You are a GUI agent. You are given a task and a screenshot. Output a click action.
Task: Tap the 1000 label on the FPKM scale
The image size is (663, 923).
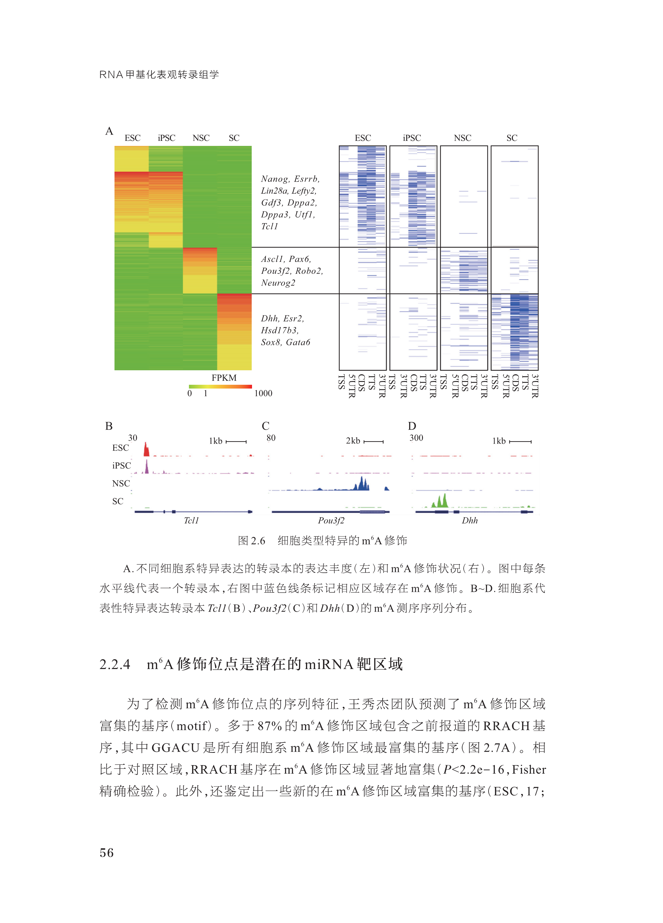[x=263, y=393]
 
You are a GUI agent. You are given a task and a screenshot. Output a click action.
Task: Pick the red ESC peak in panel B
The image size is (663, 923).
[x=147, y=450]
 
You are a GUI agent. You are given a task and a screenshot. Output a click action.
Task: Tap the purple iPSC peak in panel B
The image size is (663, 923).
[x=147, y=467]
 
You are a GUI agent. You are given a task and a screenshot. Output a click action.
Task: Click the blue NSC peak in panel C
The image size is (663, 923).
[x=362, y=484]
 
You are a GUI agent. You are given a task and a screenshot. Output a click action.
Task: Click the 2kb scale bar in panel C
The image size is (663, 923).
[x=373, y=441]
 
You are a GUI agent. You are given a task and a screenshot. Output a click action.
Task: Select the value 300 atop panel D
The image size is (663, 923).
[x=416, y=438]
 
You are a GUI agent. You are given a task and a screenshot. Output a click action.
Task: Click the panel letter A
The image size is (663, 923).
[x=109, y=131]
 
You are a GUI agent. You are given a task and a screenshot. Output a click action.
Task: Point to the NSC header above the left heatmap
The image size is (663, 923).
[x=201, y=138]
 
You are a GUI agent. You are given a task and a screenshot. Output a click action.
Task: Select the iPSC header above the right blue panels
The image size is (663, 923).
[x=412, y=138]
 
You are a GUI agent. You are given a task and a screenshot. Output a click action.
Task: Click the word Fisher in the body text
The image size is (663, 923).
[x=529, y=769]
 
